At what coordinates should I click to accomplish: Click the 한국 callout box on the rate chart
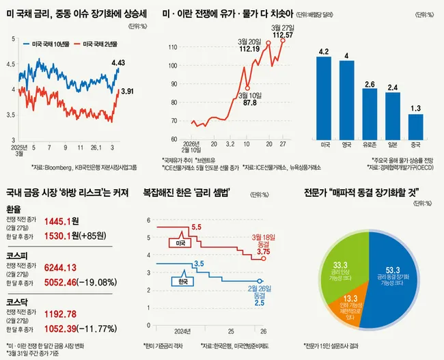click(182, 279)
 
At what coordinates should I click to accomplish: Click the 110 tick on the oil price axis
click(173, 47)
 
